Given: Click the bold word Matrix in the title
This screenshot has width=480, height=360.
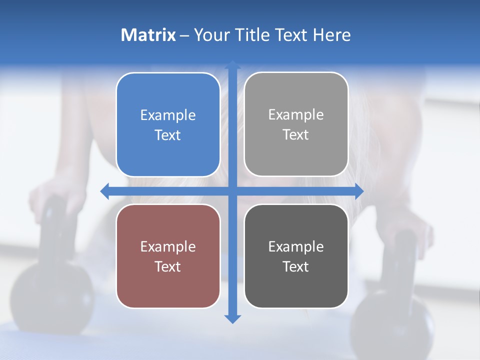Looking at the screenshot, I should coord(148,35).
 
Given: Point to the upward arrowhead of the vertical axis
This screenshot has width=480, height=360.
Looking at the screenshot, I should coord(232,65).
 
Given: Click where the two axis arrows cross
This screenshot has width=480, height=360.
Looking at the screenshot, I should coord(232,191).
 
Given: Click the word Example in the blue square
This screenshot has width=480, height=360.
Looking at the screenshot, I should coord(168,115).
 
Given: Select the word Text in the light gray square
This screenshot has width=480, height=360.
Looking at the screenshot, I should coord(296,134).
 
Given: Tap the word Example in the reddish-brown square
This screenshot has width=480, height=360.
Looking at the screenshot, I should coord(168,246).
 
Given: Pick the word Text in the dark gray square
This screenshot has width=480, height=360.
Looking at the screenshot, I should coord(296,266).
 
